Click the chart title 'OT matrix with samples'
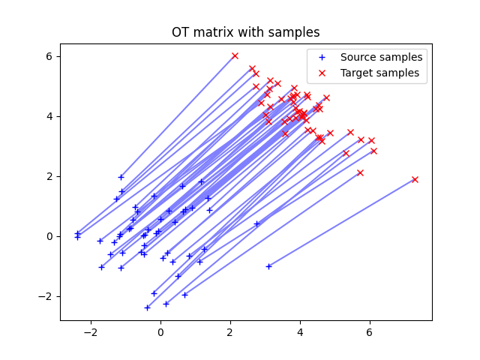click(x=245, y=32)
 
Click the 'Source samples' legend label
click(x=381, y=57)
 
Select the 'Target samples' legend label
click(x=380, y=73)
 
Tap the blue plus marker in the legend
click(x=323, y=57)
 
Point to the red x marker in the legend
click(x=323, y=73)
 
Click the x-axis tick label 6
click(x=370, y=331)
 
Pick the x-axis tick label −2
click(x=91, y=331)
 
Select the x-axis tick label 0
click(x=160, y=331)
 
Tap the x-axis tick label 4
click(x=300, y=331)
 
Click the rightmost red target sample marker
click(x=415, y=179)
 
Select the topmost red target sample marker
click(x=235, y=55)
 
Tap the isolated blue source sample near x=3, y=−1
click(x=268, y=266)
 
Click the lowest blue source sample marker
click(x=147, y=307)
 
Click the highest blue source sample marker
click(x=121, y=177)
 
